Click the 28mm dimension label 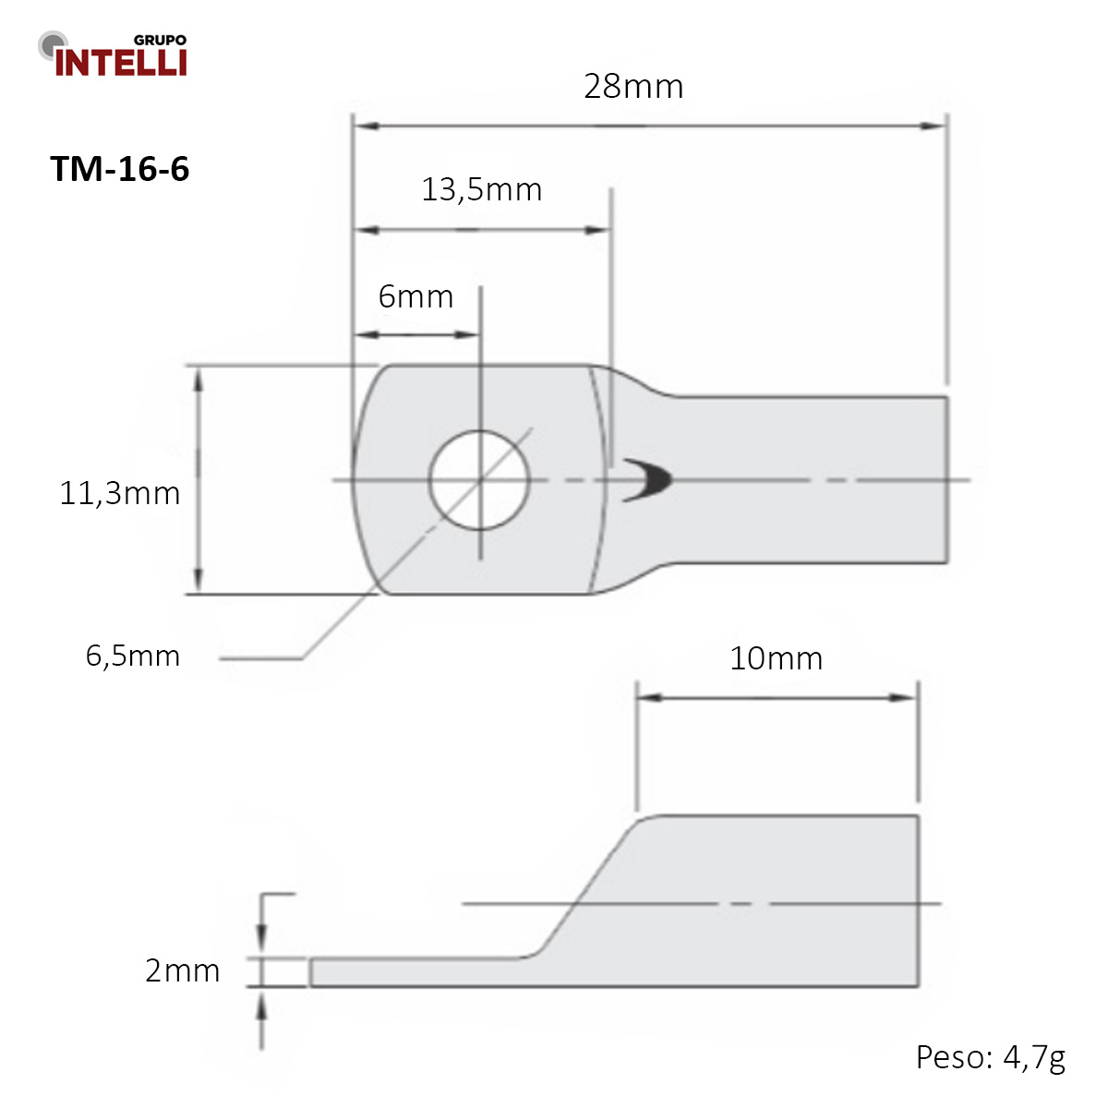pos(633,87)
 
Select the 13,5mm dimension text pos(481,189)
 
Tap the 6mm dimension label pos(415,296)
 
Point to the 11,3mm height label pos(119,493)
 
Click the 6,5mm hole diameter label pos(132,656)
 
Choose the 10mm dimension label pos(776,658)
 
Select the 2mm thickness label pos(182,970)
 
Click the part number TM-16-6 pos(119,169)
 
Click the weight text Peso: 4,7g pos(990,1056)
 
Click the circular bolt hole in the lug pos(479,480)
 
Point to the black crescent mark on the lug pos(650,480)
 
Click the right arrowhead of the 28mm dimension pos(934,126)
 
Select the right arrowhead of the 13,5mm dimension pos(598,230)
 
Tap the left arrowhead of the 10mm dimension pos(649,697)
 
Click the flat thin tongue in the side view pos(415,972)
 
